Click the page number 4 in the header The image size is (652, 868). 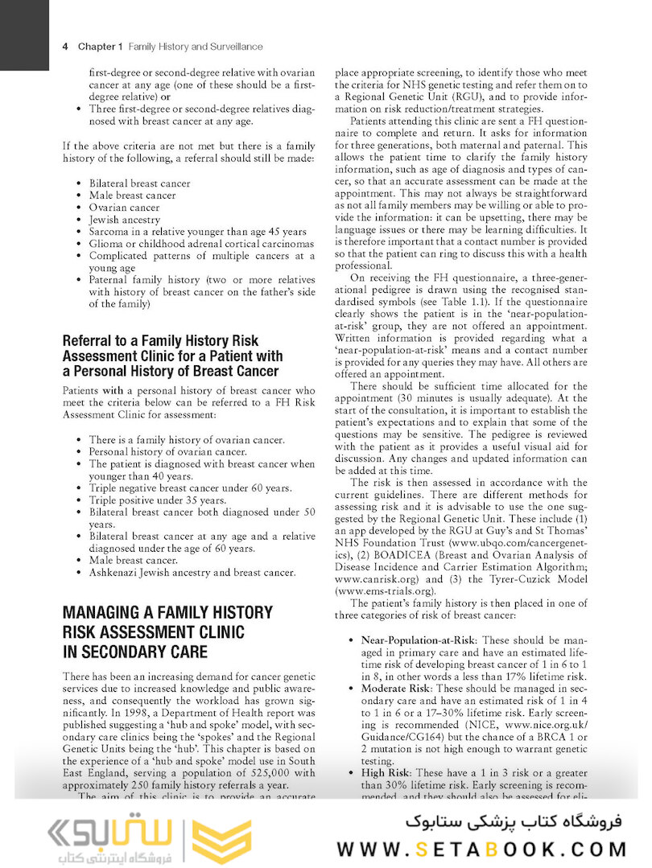coord(64,47)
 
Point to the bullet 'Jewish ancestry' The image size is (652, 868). coord(125,220)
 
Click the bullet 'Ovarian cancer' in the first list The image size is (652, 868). coord(125,208)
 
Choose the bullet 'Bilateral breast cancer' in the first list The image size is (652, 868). coord(140,183)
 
